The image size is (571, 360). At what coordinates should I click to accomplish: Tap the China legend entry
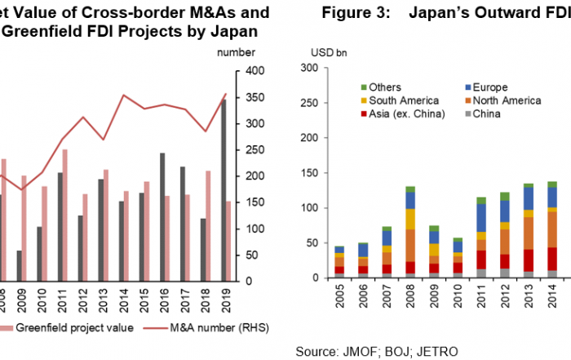point(485,113)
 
